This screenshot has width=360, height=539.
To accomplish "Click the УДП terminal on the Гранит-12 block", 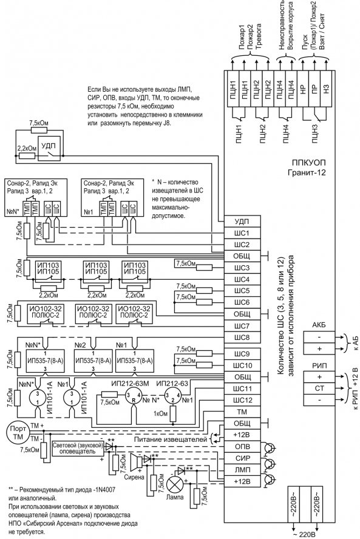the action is coord(242,222).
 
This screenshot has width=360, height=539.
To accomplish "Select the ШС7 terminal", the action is coord(242,326).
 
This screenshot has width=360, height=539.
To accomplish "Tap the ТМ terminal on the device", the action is coord(242,412).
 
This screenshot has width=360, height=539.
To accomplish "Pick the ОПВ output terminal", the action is coord(242,447).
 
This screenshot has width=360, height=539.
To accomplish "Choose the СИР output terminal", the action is coord(242,458).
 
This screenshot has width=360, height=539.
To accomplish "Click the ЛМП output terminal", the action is coord(242,470).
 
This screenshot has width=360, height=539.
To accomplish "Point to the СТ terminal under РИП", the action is coord(319,388).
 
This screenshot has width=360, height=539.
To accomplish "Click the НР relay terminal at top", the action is coord(302,90).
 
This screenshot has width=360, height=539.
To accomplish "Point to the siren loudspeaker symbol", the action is coord(137,461).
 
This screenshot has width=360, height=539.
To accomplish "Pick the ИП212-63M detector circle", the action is coord(133,396).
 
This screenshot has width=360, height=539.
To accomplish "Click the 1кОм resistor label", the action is coord(160,413).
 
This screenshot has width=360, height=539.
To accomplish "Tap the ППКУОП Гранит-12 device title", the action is coord(307,167).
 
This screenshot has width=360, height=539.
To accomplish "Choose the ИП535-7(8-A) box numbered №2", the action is coord(93,361).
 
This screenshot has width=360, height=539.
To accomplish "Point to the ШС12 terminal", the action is coord(242,400).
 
